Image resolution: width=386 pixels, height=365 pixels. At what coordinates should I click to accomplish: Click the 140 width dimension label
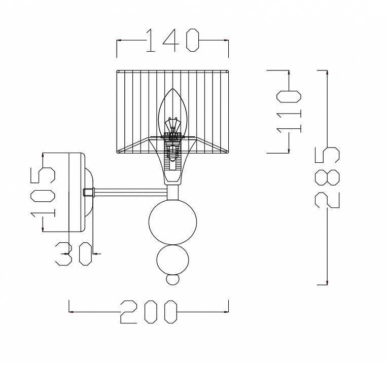[x=172, y=41]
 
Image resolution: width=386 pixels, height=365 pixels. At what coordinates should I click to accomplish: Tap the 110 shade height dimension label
[x=289, y=112]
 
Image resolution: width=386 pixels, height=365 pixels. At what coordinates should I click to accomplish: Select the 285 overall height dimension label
[x=327, y=177]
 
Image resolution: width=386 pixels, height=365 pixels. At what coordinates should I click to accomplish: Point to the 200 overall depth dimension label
[x=149, y=312]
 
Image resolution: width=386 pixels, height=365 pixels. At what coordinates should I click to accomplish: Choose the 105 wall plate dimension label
[x=43, y=193]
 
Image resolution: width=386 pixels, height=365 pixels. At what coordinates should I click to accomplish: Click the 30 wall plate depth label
[x=74, y=254]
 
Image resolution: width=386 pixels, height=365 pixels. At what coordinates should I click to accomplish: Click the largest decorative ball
[x=172, y=222]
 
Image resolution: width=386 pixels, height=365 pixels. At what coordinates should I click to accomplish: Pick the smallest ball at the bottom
[x=172, y=280]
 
